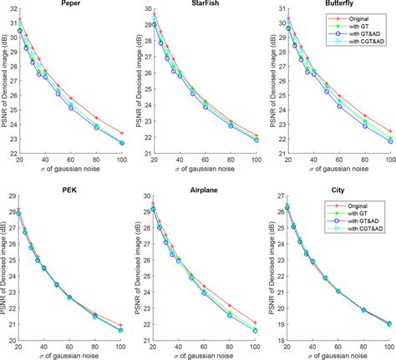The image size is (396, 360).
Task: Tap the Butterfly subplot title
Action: [x=338, y=5]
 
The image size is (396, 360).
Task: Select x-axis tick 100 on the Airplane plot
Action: [x=256, y=347]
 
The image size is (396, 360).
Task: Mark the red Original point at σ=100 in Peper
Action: [x=122, y=133]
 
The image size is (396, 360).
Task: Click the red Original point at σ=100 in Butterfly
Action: [x=389, y=131]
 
